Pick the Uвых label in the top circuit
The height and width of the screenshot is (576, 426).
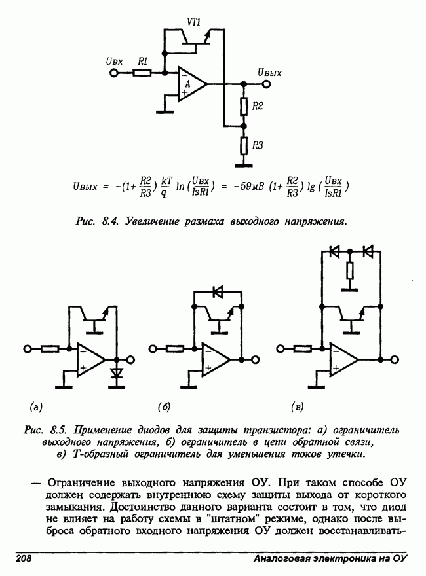click(269, 72)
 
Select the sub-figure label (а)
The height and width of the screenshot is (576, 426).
click(36, 407)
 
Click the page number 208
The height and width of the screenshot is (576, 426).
click(24, 558)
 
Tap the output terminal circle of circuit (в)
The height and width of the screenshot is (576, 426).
click(395, 359)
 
